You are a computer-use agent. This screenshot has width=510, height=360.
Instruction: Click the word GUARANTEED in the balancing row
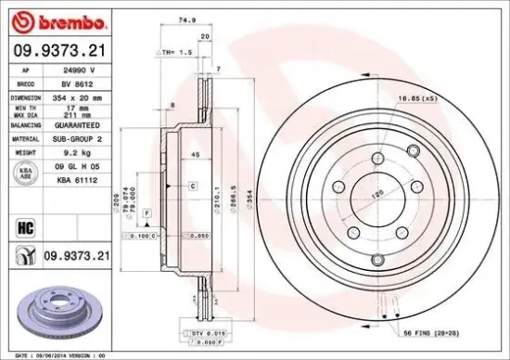pos(81,123)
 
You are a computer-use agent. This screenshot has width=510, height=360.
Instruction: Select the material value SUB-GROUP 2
pos(81,136)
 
